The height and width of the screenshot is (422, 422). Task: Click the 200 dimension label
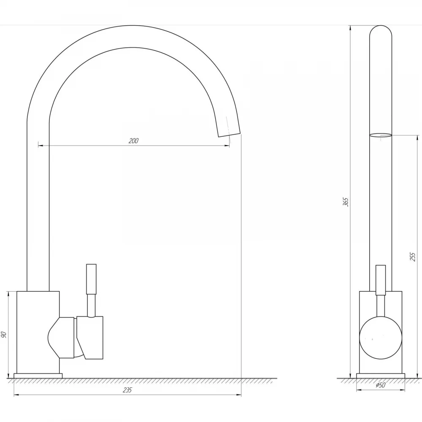click(x=133, y=141)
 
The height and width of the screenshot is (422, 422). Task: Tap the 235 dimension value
click(x=127, y=390)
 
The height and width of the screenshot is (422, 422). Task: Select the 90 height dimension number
click(x=4, y=335)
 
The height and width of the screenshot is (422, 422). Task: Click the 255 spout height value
click(x=413, y=257)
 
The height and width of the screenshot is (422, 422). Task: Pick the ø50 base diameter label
click(x=381, y=385)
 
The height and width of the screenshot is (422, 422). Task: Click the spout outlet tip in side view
click(x=229, y=134)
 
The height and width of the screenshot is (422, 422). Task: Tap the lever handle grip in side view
click(x=91, y=279)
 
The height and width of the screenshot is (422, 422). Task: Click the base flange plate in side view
click(x=38, y=376)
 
